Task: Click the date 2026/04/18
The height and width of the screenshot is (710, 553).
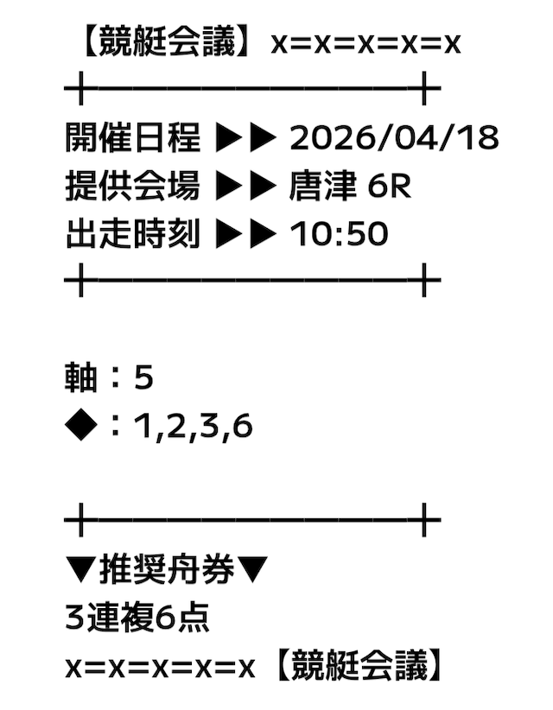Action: (x=394, y=137)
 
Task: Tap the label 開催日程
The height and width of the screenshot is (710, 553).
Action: (x=133, y=137)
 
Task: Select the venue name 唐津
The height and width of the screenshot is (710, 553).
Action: (x=322, y=186)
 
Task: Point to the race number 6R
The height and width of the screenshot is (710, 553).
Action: (x=389, y=186)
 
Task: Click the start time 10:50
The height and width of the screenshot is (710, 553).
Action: (x=339, y=234)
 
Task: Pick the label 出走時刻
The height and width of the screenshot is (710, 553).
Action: (x=133, y=234)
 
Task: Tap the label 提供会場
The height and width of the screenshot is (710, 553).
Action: (x=133, y=186)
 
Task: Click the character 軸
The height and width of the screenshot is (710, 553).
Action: (x=81, y=377)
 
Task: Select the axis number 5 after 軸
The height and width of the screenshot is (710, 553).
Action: (x=143, y=377)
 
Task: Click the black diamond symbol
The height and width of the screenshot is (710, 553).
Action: (x=81, y=426)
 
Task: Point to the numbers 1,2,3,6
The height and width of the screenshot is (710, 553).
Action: (x=194, y=427)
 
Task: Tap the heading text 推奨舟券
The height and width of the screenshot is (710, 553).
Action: (x=167, y=569)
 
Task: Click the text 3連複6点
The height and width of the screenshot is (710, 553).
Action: (x=137, y=618)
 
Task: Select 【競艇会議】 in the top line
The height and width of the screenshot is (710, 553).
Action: (x=166, y=41)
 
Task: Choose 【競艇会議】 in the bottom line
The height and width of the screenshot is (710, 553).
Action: (x=359, y=666)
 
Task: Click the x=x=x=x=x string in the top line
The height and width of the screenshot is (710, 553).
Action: (x=366, y=44)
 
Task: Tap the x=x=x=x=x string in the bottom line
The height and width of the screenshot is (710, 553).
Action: (x=161, y=669)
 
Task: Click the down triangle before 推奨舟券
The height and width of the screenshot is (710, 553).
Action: (x=81, y=569)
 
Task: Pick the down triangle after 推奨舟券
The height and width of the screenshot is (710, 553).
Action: (x=252, y=569)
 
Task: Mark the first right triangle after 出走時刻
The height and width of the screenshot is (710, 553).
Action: (x=229, y=234)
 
